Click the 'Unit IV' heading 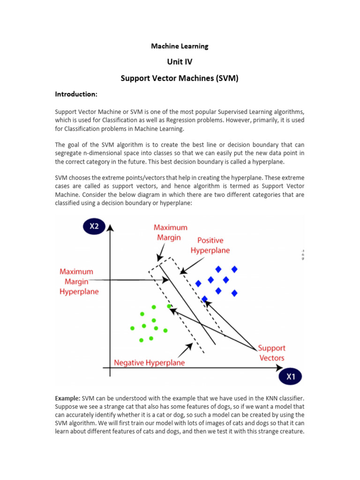[180, 62]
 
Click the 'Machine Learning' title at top [180, 46]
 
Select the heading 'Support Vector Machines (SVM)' [180, 78]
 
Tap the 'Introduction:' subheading [76, 94]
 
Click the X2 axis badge [94, 227]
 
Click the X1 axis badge [291, 376]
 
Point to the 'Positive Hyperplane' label [210, 246]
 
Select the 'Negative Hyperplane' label [150, 363]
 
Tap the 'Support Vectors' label [272, 353]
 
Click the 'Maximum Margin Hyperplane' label [79, 281]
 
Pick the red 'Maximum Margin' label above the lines [171, 232]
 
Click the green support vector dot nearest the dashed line [169, 306]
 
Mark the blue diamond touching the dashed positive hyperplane [204, 299]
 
